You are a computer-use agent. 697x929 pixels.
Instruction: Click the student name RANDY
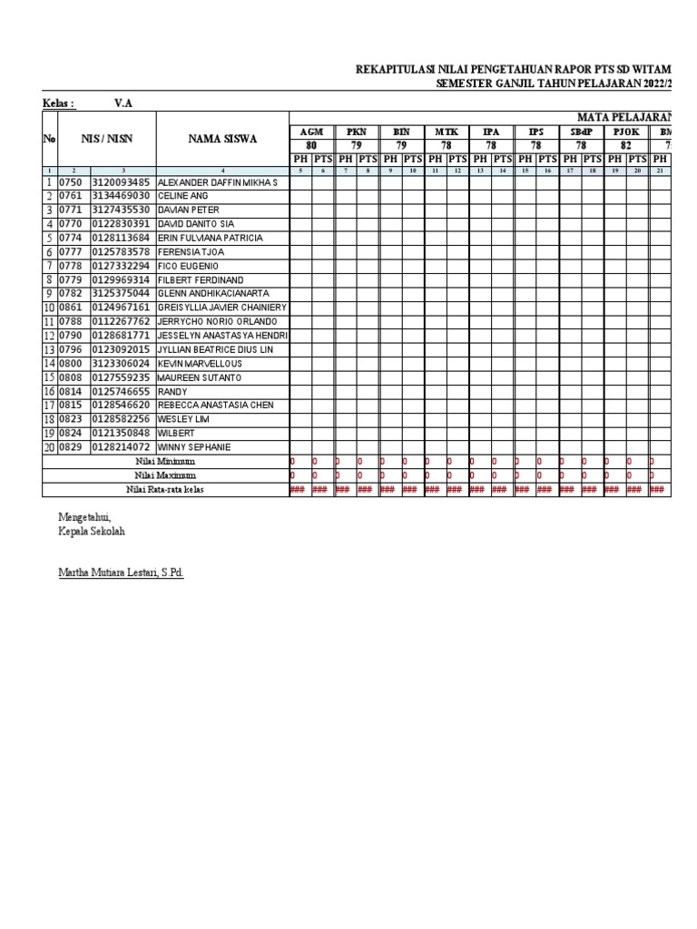(173, 391)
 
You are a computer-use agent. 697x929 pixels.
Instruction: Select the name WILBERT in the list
(177, 433)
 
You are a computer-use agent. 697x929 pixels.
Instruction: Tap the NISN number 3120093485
(121, 182)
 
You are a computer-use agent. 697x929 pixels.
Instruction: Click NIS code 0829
(71, 447)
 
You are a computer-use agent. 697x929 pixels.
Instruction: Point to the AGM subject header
(311, 132)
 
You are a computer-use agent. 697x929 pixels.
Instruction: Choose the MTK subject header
(447, 132)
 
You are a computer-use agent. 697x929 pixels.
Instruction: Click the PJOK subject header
(626, 132)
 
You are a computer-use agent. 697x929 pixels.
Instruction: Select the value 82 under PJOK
(626, 145)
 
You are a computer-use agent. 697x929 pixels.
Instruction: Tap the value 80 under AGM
(311, 145)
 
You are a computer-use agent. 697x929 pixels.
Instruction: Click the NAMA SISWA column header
(222, 139)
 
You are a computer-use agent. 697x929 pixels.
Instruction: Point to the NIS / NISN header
(107, 139)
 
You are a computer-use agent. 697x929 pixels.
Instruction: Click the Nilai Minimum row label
(165, 461)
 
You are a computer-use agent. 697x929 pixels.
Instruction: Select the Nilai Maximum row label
(165, 474)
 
